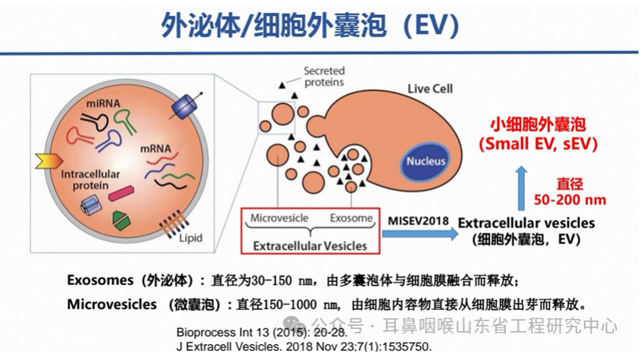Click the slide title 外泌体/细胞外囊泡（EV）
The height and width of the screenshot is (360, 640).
pos(311,26)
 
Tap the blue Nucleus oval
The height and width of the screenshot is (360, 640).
pos(429,161)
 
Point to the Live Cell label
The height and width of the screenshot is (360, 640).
pos(429,89)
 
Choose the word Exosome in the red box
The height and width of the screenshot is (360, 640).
pos(351,218)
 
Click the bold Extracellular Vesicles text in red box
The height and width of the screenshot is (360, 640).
pos(309,246)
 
